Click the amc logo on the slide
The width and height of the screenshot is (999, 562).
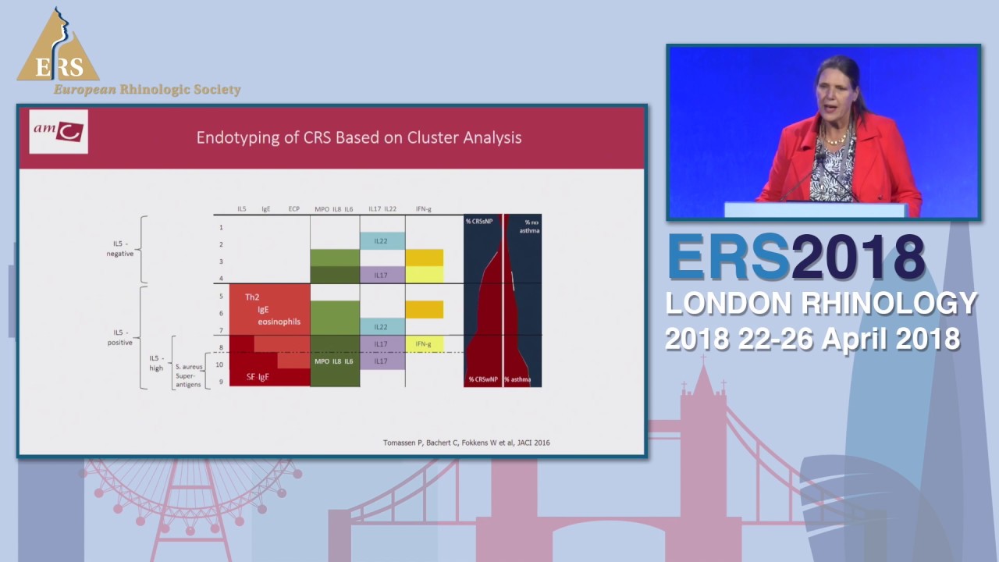[59, 131]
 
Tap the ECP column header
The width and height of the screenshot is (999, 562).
[293, 209]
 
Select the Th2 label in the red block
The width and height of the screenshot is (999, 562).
[252, 297]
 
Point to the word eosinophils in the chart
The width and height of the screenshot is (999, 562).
[279, 322]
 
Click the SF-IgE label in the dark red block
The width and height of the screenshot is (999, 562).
[258, 377]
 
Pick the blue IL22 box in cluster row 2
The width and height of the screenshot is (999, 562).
[381, 241]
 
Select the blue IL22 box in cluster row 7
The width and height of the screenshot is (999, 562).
[381, 326]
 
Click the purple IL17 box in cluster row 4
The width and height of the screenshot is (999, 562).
[381, 275]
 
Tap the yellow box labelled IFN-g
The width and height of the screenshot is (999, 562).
[424, 343]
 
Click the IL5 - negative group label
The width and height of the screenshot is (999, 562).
[120, 248]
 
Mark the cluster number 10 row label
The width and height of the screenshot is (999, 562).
[220, 365]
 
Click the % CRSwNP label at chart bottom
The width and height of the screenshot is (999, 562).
[483, 379]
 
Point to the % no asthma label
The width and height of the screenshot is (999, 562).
[530, 226]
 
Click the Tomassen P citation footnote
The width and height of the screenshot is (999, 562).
[466, 443]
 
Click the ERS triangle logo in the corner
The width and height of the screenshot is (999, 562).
[59, 48]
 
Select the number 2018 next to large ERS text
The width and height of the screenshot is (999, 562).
[858, 257]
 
